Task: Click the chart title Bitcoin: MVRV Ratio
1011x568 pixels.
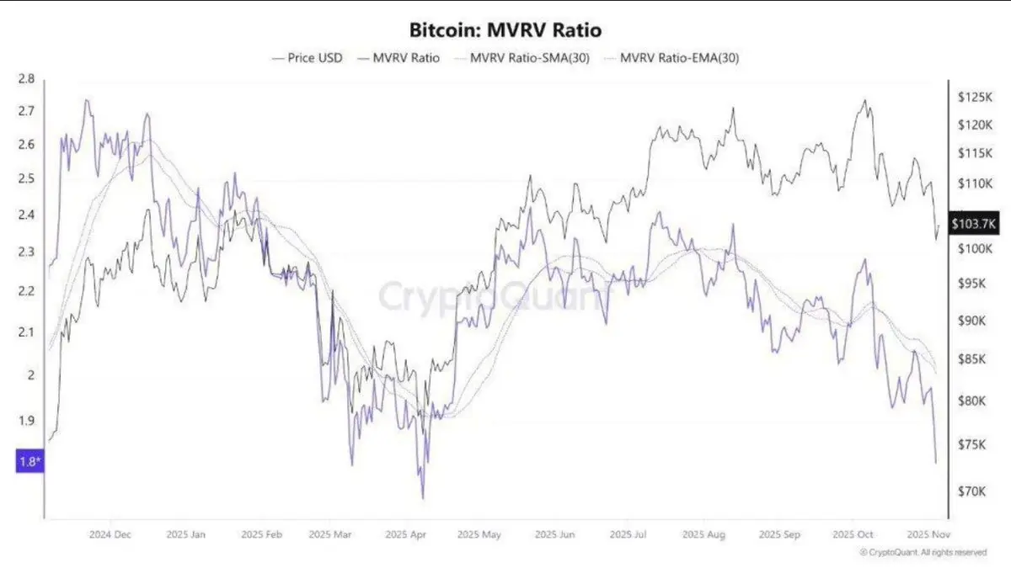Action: tap(505, 30)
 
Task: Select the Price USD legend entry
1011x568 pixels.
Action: tap(308, 58)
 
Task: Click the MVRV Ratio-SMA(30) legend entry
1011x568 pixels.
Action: tap(519, 58)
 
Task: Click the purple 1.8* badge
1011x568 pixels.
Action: tap(27, 460)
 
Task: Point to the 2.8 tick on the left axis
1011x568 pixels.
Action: tap(26, 79)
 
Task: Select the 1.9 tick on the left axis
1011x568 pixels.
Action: tap(26, 421)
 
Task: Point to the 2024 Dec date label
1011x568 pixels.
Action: tap(109, 534)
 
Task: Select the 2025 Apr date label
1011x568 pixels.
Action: tap(403, 534)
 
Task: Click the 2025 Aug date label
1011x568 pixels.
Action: tap(703, 534)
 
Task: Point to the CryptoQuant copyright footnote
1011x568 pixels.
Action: tap(923, 552)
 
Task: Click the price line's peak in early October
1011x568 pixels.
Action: tap(864, 100)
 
